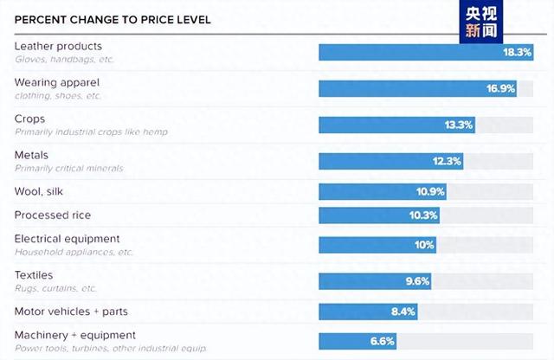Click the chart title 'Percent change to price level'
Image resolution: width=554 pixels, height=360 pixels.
(112, 19)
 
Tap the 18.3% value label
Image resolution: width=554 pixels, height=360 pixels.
(517, 52)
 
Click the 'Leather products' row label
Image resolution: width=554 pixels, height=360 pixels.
(58, 46)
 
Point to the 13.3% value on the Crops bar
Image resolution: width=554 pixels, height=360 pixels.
(459, 125)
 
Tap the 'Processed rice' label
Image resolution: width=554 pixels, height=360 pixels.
(53, 215)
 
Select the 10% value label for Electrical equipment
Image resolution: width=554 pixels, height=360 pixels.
(424, 245)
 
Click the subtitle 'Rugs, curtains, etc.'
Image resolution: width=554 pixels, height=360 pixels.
(56, 288)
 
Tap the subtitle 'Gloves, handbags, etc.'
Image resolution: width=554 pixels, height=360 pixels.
(64, 59)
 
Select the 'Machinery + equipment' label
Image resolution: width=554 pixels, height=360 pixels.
(75, 335)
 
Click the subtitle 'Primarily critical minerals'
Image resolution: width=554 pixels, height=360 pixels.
(69, 168)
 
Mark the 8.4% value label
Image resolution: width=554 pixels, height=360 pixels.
(403, 312)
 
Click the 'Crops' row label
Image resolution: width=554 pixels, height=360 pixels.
(29, 119)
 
